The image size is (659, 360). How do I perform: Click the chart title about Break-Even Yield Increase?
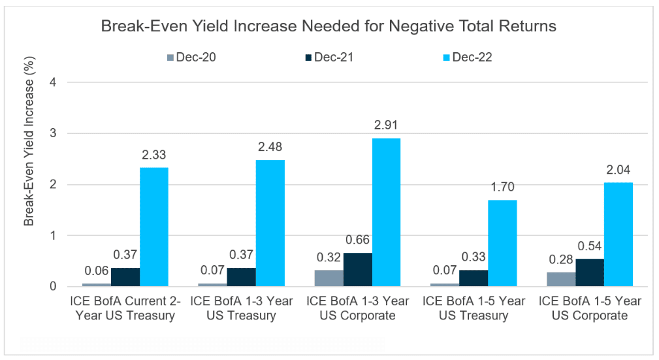[x=330, y=27]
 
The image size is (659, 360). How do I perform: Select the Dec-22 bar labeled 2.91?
[x=386, y=212]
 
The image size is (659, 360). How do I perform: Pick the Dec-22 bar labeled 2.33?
[x=154, y=227]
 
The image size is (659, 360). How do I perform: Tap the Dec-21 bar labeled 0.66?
[x=357, y=270]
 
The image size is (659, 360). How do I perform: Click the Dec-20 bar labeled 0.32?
[x=329, y=278]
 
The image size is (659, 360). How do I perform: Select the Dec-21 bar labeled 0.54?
[x=589, y=272]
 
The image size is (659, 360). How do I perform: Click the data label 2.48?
[x=270, y=146]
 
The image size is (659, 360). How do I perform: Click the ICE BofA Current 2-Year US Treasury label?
[x=125, y=308]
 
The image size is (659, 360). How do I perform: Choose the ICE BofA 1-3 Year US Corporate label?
[x=357, y=308]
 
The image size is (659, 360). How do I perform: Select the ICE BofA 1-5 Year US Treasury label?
[x=474, y=308]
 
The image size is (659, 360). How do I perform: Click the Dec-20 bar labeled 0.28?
[x=560, y=280]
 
